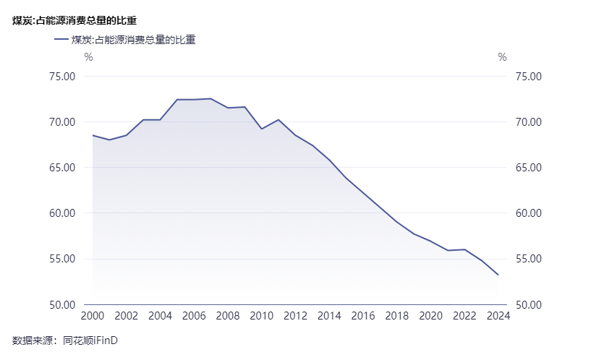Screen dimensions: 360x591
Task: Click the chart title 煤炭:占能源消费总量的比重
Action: (x=75, y=21)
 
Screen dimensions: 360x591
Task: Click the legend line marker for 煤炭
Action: (x=61, y=40)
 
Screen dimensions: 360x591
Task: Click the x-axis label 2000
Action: (x=93, y=316)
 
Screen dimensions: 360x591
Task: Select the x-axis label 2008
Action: (x=228, y=316)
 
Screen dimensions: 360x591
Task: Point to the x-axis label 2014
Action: (x=329, y=316)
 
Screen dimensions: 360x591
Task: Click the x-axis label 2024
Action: (x=498, y=316)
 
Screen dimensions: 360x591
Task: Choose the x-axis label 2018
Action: (x=397, y=316)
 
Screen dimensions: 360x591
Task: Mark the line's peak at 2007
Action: (x=211, y=98)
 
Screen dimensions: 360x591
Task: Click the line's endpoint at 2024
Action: (x=498, y=275)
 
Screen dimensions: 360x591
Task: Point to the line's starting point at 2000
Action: (x=93, y=135)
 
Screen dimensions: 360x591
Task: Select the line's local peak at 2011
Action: (x=279, y=120)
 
